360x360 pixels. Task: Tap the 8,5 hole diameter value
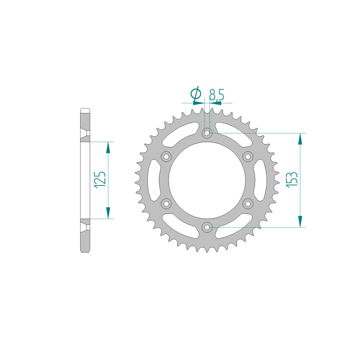tap(216, 94)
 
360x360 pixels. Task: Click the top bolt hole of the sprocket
tap(207, 133)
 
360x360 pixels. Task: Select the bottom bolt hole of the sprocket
tap(207, 228)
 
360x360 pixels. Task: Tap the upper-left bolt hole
tap(166, 157)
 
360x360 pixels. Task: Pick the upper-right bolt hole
tap(248, 157)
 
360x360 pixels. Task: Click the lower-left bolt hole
tap(166, 204)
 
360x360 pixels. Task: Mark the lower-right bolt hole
tap(248, 204)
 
